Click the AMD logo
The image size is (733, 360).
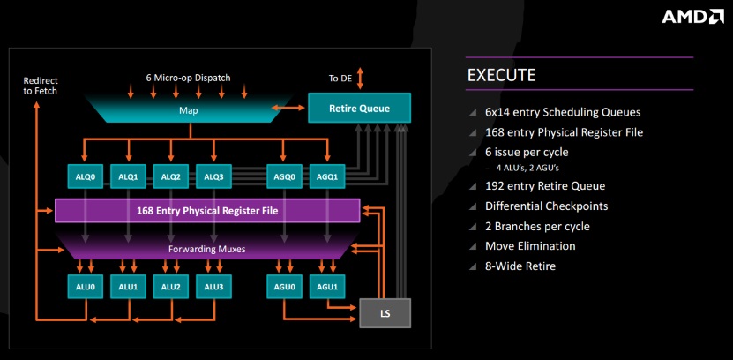pyautogui.click(x=692, y=17)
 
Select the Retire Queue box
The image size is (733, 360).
pyautogui.click(x=360, y=108)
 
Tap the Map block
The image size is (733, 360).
pyautogui.click(x=189, y=110)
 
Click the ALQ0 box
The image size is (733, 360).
pyautogui.click(x=86, y=176)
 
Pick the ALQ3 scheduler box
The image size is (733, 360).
pyautogui.click(x=213, y=176)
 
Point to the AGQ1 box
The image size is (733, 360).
pyautogui.click(x=327, y=176)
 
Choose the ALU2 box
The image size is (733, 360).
pyautogui.click(x=170, y=287)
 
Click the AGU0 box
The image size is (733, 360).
pyautogui.click(x=285, y=287)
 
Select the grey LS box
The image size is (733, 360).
pyautogui.click(x=385, y=312)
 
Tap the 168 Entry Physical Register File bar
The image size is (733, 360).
pyautogui.click(x=207, y=210)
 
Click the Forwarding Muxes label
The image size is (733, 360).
pyautogui.click(x=206, y=249)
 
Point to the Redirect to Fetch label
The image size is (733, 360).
pyautogui.click(x=41, y=86)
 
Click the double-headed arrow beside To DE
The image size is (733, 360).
pyautogui.click(x=360, y=78)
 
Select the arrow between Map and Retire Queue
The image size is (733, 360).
pyautogui.click(x=288, y=108)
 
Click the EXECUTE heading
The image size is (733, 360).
pyautogui.click(x=501, y=75)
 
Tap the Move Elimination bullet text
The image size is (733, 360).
pyautogui.click(x=530, y=246)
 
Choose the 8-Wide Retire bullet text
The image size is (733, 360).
pyautogui.click(x=520, y=266)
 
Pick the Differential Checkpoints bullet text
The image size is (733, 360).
pyautogui.click(x=547, y=206)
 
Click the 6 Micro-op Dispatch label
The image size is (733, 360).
pyautogui.click(x=188, y=78)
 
